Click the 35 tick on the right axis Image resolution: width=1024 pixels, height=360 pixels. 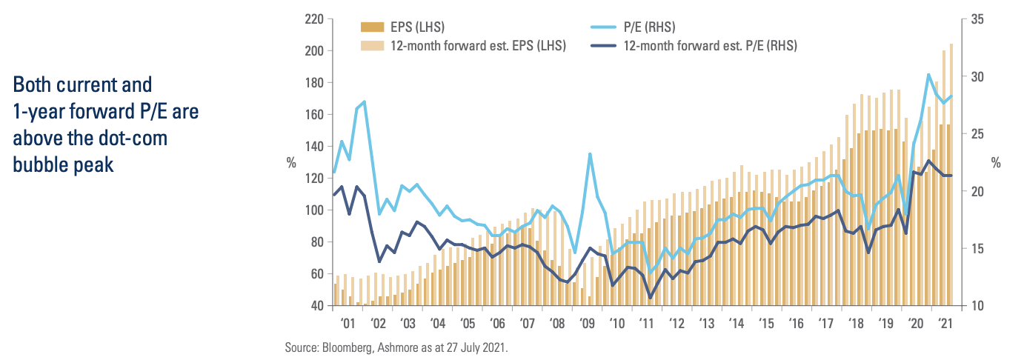(x=976, y=19)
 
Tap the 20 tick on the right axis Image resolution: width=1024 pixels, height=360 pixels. (x=976, y=191)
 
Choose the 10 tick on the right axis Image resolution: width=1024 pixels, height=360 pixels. (x=976, y=305)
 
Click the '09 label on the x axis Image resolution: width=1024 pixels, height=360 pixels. (x=587, y=323)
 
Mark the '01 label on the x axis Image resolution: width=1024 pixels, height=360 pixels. (x=346, y=323)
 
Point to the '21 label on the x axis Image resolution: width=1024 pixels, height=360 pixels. (x=945, y=323)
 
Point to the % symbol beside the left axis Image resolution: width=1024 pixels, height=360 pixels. (x=290, y=162)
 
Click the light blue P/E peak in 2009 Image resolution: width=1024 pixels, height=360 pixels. (x=589, y=154)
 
